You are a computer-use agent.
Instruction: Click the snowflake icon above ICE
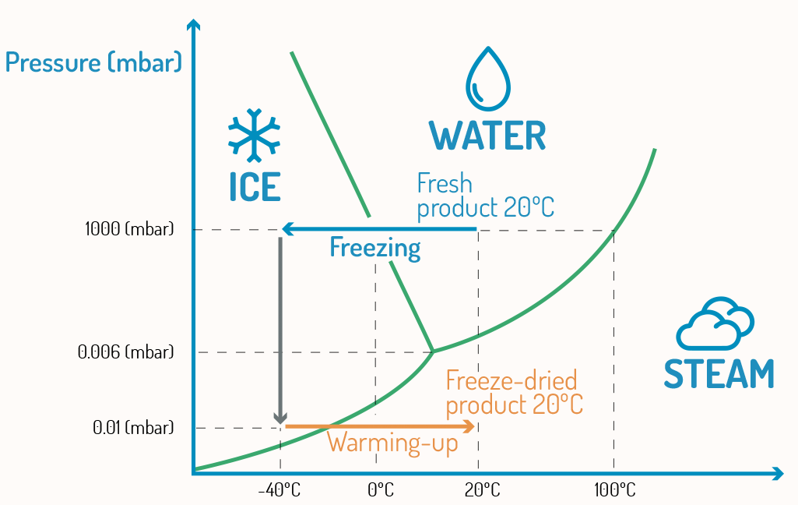(253, 134)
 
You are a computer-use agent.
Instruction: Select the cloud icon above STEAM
(715, 323)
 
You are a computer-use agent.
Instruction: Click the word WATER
(487, 136)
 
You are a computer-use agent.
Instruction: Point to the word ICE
(254, 186)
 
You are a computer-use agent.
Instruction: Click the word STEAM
(718, 374)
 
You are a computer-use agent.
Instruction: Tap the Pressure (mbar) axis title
(93, 62)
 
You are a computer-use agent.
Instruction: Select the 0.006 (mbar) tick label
(125, 352)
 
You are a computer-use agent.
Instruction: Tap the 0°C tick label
(380, 490)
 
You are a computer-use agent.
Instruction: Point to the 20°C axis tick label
(482, 490)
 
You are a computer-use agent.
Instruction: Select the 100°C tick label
(614, 490)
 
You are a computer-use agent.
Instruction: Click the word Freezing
(374, 248)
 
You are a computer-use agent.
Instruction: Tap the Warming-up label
(392, 443)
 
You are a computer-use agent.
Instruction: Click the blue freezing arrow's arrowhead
(287, 229)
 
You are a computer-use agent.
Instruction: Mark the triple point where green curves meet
(433, 351)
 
